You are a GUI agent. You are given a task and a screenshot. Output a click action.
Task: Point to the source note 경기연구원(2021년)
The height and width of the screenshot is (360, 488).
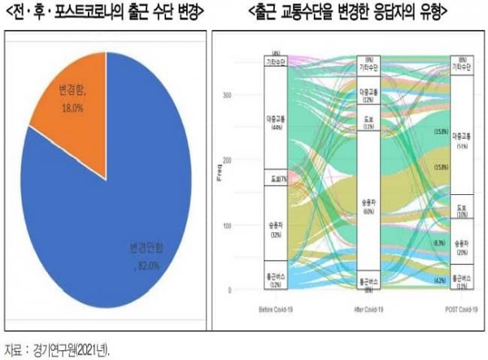tap(66, 350)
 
